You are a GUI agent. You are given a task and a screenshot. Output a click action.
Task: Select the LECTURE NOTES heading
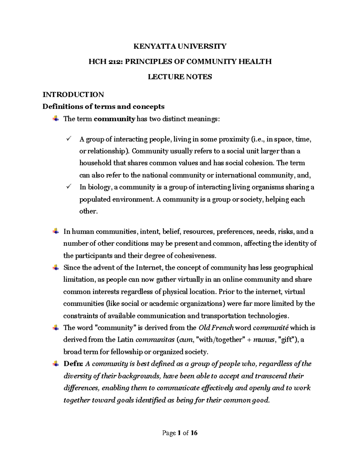[180, 77]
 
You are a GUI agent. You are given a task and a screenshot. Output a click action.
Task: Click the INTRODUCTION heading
[73, 95]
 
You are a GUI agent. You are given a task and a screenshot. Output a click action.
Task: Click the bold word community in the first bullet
[114, 119]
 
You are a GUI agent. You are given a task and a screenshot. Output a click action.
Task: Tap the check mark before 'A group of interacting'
[69, 139]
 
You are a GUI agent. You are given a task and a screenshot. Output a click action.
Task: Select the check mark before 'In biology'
[69, 187]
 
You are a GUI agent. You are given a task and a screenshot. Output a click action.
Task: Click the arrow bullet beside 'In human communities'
[56, 231]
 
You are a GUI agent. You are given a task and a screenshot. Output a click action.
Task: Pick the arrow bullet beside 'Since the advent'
[56, 267]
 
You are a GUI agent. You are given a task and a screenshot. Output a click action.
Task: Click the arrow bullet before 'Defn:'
[56, 363]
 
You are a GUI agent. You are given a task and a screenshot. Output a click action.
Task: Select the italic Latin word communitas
[155, 340]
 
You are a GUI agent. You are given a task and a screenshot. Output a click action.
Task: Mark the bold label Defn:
[73, 364]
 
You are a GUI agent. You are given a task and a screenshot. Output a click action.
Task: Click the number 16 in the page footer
[194, 433]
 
